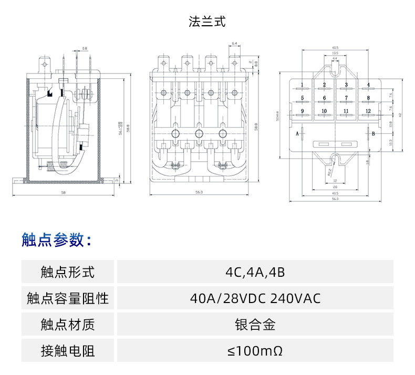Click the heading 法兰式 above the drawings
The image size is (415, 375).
[x=207, y=22]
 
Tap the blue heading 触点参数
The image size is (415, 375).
[x=56, y=240]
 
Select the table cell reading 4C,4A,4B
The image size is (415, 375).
[x=255, y=273]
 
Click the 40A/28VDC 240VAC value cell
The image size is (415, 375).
[x=255, y=299]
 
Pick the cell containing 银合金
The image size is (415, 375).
[x=255, y=325]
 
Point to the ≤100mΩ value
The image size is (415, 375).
[x=255, y=350]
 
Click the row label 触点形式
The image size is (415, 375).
[x=68, y=273]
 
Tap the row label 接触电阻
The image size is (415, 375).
[x=68, y=350]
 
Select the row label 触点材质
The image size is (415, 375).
[x=68, y=325]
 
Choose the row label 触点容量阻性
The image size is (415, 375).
[x=68, y=299]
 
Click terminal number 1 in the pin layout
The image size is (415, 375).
[x=303, y=85]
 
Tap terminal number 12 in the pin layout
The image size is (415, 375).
[x=368, y=111]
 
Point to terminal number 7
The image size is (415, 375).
[x=346, y=98]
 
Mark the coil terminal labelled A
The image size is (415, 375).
[x=298, y=134]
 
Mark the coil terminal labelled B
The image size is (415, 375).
[x=373, y=134]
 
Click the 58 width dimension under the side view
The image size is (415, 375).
[x=63, y=193]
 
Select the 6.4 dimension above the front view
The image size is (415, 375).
[x=234, y=43]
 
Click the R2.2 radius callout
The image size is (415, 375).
[x=329, y=171]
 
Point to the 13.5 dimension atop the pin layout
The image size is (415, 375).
[x=335, y=53]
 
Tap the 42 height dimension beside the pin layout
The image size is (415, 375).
[x=400, y=114]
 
